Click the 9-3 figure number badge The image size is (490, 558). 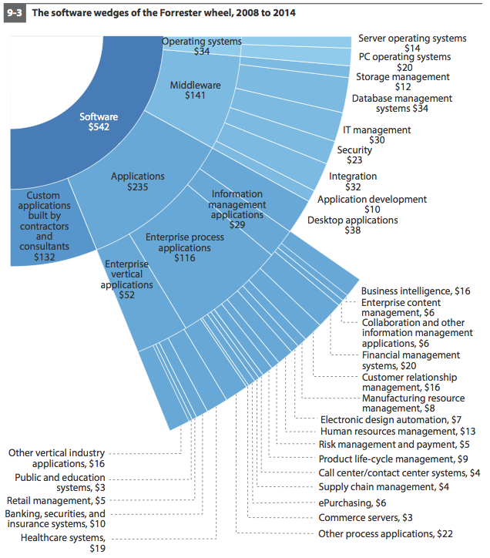tap(15, 13)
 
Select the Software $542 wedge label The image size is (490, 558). tap(99, 122)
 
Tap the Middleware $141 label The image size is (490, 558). tap(195, 90)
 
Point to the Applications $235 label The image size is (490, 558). tap(138, 181)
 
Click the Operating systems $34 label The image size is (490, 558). tap(202, 46)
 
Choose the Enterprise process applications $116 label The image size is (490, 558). tap(185, 247)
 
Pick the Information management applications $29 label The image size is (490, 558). tap(237, 210)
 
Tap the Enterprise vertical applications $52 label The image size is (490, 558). tap(126, 279)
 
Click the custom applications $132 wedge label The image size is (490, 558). tap(44, 226)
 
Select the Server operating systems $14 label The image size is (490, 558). tap(412, 43)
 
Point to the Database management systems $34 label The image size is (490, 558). tap(402, 103)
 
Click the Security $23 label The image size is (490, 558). tap(354, 155)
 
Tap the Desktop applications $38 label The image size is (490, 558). tap(353, 225)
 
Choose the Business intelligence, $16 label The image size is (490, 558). tap(415, 291)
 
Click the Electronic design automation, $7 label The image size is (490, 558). tap(391, 420)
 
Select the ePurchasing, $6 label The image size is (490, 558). tap(352, 503)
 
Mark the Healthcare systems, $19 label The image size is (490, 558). tap(63, 543)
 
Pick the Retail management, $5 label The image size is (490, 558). tap(56, 501)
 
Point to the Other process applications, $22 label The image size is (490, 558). tap(385, 534)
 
